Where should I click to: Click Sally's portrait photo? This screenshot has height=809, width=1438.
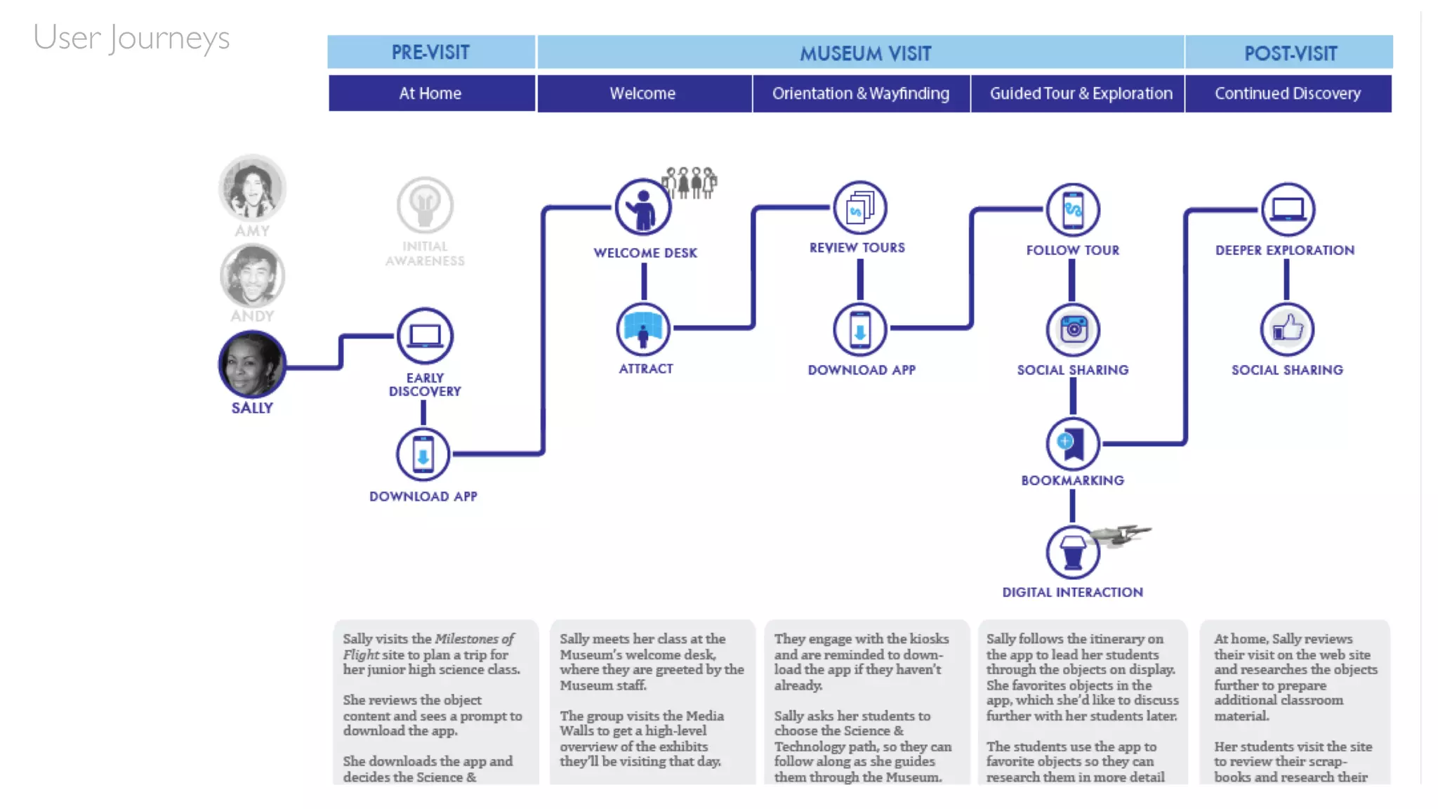[x=252, y=364]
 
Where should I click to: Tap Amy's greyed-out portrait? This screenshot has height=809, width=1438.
[x=252, y=188]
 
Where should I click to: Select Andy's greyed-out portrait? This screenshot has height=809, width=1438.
[x=252, y=275]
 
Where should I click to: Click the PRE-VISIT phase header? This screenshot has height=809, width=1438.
[x=430, y=53]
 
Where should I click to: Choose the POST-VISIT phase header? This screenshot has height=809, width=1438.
[x=1289, y=53]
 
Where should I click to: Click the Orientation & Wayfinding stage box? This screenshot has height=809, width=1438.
[x=861, y=93]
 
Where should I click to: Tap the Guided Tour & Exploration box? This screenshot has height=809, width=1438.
[x=1080, y=93]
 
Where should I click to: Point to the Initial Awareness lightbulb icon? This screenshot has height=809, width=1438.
[x=425, y=205]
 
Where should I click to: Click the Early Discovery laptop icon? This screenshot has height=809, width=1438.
[x=425, y=336]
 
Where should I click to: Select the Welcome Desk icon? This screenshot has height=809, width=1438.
[x=642, y=207]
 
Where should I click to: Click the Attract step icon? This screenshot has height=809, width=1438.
[x=643, y=329]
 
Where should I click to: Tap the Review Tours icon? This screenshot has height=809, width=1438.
[x=859, y=208]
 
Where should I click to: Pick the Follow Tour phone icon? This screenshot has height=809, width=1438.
[x=1072, y=209]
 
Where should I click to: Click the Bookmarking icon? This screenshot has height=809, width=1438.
[x=1072, y=444]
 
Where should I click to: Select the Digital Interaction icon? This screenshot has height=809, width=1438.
[x=1072, y=553]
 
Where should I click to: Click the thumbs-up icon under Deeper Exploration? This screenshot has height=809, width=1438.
[x=1287, y=329]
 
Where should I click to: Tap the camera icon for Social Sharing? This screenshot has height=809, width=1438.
[x=1073, y=329]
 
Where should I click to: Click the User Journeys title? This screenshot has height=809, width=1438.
[x=131, y=38]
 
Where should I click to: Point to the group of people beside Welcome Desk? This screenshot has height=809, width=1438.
[x=690, y=183]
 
